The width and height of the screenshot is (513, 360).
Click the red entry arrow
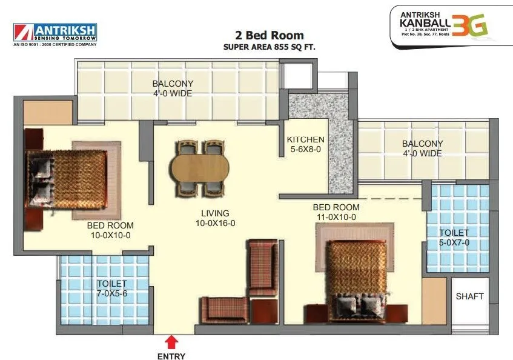point(171,341)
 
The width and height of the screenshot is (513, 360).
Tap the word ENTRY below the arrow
point(171,356)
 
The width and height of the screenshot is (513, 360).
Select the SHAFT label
point(469,296)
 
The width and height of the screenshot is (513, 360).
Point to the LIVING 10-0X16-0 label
point(215,218)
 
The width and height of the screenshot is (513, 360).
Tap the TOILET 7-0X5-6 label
point(112,288)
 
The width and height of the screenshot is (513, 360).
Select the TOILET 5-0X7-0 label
point(454,238)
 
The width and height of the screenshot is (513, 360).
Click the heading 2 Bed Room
point(269,35)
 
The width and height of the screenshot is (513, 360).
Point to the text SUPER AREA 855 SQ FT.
point(269,47)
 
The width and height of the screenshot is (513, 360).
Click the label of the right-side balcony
point(422,148)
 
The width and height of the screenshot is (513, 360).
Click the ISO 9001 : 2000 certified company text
point(55,44)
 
